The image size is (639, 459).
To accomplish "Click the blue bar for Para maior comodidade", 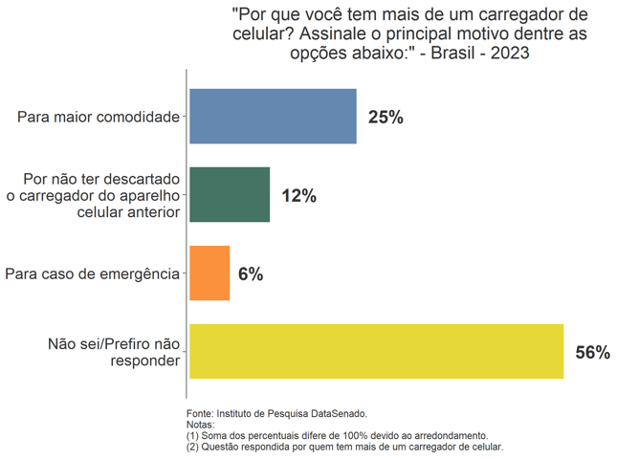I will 273,117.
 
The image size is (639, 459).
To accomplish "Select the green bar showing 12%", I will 230,195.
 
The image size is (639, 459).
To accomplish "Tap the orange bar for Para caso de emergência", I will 209,273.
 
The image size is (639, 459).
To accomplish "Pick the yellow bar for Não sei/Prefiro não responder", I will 376,352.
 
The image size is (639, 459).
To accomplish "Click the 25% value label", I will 386,118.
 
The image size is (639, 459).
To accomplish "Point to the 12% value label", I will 298,196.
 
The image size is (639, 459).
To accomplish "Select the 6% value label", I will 251,274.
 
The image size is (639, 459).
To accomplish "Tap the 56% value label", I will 592,353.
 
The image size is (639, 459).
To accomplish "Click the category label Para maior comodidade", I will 99,118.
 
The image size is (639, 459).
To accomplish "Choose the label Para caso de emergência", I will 92,274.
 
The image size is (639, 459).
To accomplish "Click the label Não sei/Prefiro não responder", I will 114,352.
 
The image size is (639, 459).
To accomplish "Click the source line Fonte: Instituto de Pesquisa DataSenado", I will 276,414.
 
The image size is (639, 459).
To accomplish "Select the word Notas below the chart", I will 200,425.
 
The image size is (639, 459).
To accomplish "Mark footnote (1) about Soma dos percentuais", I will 337,435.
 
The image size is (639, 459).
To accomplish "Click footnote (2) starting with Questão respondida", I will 344,447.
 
